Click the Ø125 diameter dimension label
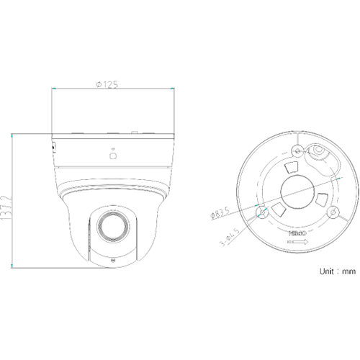[107, 84]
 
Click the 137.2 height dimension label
[7, 204]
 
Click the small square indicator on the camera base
[112, 153]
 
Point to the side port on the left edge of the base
[55, 147]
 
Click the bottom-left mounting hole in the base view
[261, 211]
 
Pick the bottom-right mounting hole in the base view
[332, 211]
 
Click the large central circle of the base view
[297, 189]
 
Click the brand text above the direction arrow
[297, 234]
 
